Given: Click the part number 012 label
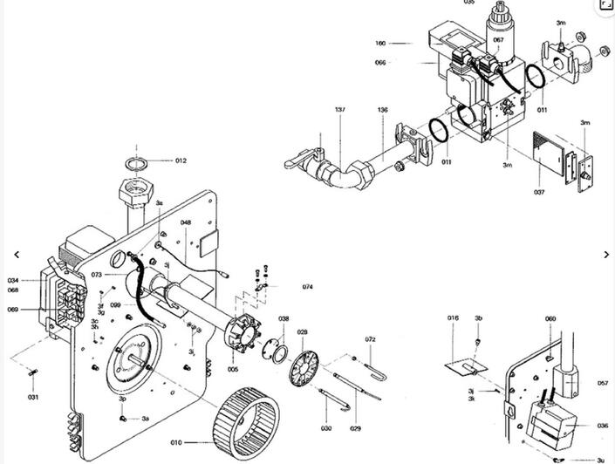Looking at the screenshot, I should [181, 160].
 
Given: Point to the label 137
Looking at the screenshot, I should [340, 110].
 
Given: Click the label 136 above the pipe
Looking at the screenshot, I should [383, 110].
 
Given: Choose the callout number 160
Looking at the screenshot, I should [380, 42].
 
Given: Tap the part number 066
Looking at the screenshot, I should [380, 62].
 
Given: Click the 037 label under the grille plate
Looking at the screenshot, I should [539, 192].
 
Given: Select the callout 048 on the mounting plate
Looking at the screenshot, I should [186, 222].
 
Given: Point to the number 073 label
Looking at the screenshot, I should [97, 275].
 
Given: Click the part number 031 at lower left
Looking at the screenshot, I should [33, 397].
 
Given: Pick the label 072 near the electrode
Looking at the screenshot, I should [370, 338].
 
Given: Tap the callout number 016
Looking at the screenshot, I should [453, 318].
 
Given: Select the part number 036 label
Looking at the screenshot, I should [602, 426].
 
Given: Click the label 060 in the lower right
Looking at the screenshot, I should [550, 318].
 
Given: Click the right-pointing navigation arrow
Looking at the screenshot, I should [607, 254].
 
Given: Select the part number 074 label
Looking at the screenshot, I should [308, 286].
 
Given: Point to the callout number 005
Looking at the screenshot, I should [233, 369].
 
